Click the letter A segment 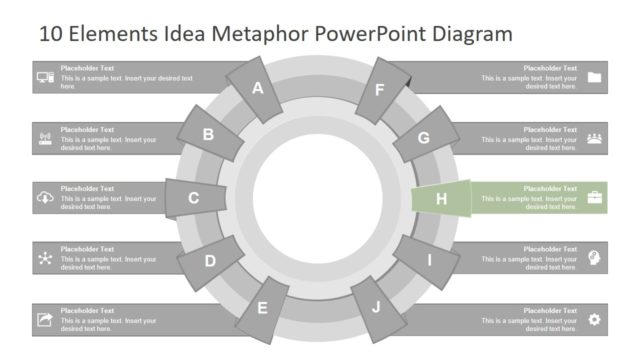(x=257, y=88)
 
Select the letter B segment (x=208, y=135)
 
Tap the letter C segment (x=193, y=198)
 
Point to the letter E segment (x=263, y=308)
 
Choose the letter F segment (x=380, y=90)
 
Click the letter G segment (x=424, y=138)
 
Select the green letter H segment (x=441, y=199)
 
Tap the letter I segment (x=429, y=261)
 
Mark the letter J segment (x=376, y=307)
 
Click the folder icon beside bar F (x=595, y=77)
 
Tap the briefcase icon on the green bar (x=595, y=198)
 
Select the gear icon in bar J (x=595, y=319)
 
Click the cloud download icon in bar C (x=45, y=198)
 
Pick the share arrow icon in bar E (x=45, y=319)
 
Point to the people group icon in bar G (x=595, y=138)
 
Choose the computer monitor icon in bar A (x=45, y=77)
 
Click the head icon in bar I (x=595, y=258)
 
